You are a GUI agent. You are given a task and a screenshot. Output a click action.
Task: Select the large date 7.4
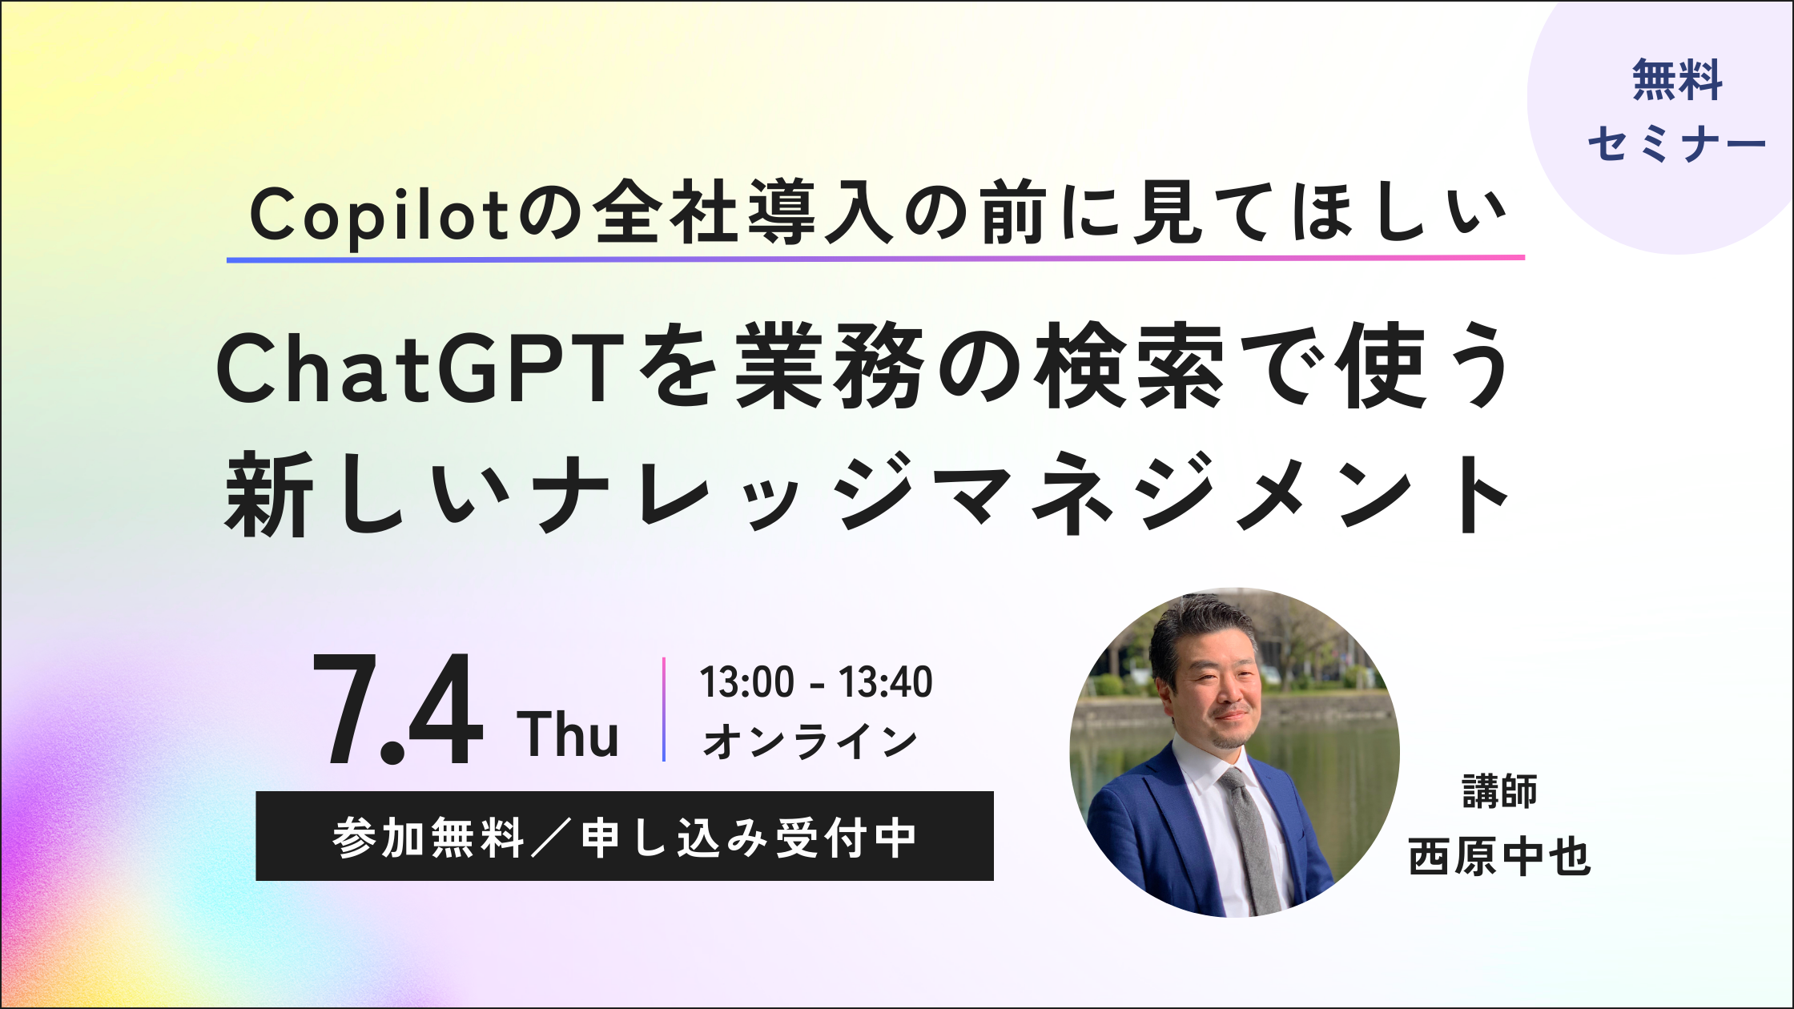tap(398, 710)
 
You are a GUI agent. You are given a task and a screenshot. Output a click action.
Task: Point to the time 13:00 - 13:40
tap(816, 682)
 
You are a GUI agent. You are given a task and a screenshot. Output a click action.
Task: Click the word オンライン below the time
tap(810, 741)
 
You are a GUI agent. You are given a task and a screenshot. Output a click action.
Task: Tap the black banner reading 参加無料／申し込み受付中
tap(625, 836)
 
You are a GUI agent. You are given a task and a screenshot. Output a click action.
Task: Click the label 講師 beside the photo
tap(1499, 791)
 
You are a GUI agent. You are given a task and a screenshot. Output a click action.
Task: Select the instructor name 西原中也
tap(1499, 857)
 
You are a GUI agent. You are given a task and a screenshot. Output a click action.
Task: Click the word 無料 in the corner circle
tap(1677, 80)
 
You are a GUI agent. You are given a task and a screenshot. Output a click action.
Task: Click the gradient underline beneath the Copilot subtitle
tap(875, 259)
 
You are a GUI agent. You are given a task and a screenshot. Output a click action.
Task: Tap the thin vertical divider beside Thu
tap(664, 710)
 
